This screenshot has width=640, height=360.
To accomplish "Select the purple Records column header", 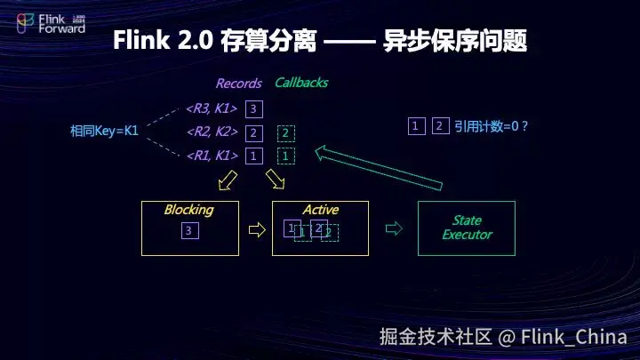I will click(x=238, y=84).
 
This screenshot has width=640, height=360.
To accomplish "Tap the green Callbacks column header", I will click(x=300, y=83).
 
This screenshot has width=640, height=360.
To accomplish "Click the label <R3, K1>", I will click(x=212, y=109).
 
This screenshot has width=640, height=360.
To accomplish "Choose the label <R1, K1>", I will click(x=212, y=156).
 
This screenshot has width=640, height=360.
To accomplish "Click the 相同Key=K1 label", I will click(x=104, y=131).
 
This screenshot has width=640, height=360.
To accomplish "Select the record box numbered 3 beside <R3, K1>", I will click(x=254, y=109).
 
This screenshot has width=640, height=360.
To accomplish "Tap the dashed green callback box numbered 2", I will click(x=285, y=133).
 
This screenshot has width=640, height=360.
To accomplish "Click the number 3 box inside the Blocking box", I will click(x=188, y=231).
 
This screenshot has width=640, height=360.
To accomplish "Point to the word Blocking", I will click(x=188, y=210).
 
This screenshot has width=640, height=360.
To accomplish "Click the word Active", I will click(x=320, y=210).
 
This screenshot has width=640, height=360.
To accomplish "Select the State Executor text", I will click(x=467, y=228).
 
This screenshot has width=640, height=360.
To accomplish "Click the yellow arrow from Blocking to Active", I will click(x=257, y=229).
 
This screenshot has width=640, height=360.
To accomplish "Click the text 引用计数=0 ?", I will click(x=491, y=126).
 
